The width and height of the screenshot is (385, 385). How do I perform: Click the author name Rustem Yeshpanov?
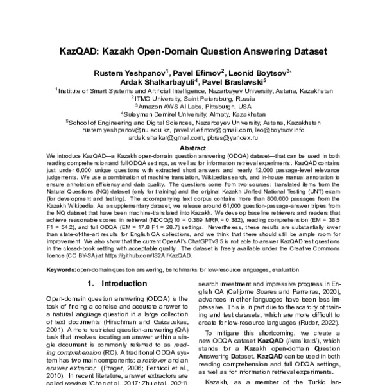pyautogui.click(x=125, y=73)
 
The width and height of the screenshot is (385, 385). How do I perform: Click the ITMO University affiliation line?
pyautogui.click(x=192, y=99)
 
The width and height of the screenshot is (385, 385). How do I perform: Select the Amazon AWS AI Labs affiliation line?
pyautogui.click(x=192, y=107)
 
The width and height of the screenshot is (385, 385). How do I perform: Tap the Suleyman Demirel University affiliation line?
pyautogui.click(x=193, y=114)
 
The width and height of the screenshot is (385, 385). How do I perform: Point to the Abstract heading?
pyautogui.click(x=192, y=146)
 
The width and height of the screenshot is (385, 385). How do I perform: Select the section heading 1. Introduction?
pyautogui.click(x=115, y=283)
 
